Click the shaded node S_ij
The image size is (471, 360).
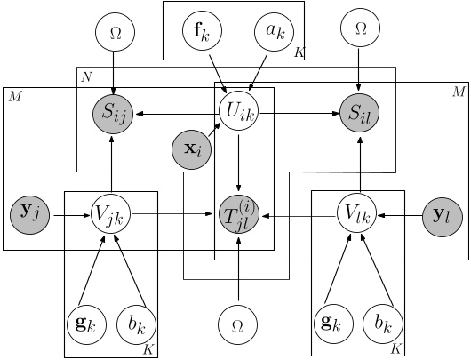point(114,113)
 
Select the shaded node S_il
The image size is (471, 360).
point(360,113)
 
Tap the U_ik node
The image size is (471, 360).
point(237,113)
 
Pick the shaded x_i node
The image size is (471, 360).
point(193,149)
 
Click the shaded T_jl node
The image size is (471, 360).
point(237,214)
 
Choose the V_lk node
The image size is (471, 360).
point(359,214)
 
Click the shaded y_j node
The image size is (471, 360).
point(29,214)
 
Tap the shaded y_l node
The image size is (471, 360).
point(441,214)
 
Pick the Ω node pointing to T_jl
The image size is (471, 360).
point(237,326)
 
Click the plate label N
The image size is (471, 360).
point(86,77)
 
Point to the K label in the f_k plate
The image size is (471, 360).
point(298,54)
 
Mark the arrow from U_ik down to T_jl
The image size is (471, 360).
point(237,162)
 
